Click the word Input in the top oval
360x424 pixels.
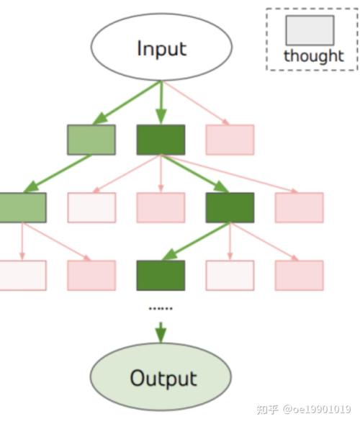coord(162,49)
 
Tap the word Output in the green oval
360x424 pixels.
coord(163,379)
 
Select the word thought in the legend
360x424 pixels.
coord(314,56)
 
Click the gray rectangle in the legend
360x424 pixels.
coord(310,30)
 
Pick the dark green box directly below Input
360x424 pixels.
coord(161,140)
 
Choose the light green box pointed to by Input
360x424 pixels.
coord(91,140)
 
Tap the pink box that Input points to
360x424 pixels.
coord(230,140)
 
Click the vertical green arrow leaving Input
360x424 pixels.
coord(161,102)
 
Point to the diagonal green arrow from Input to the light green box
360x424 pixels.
coord(127,102)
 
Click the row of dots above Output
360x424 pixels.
coord(161,308)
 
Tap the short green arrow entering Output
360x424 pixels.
coord(161,333)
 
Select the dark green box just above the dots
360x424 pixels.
coord(161,276)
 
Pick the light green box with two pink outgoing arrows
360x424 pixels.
coord(22,207)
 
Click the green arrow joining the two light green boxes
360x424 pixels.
coord(58,173)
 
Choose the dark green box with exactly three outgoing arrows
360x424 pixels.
coord(230,207)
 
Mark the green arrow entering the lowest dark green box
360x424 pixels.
coord(196,241)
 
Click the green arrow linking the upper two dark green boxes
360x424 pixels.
coord(195,173)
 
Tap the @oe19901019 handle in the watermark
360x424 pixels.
coord(317,409)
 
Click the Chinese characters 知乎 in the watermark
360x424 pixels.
coord(268,410)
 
